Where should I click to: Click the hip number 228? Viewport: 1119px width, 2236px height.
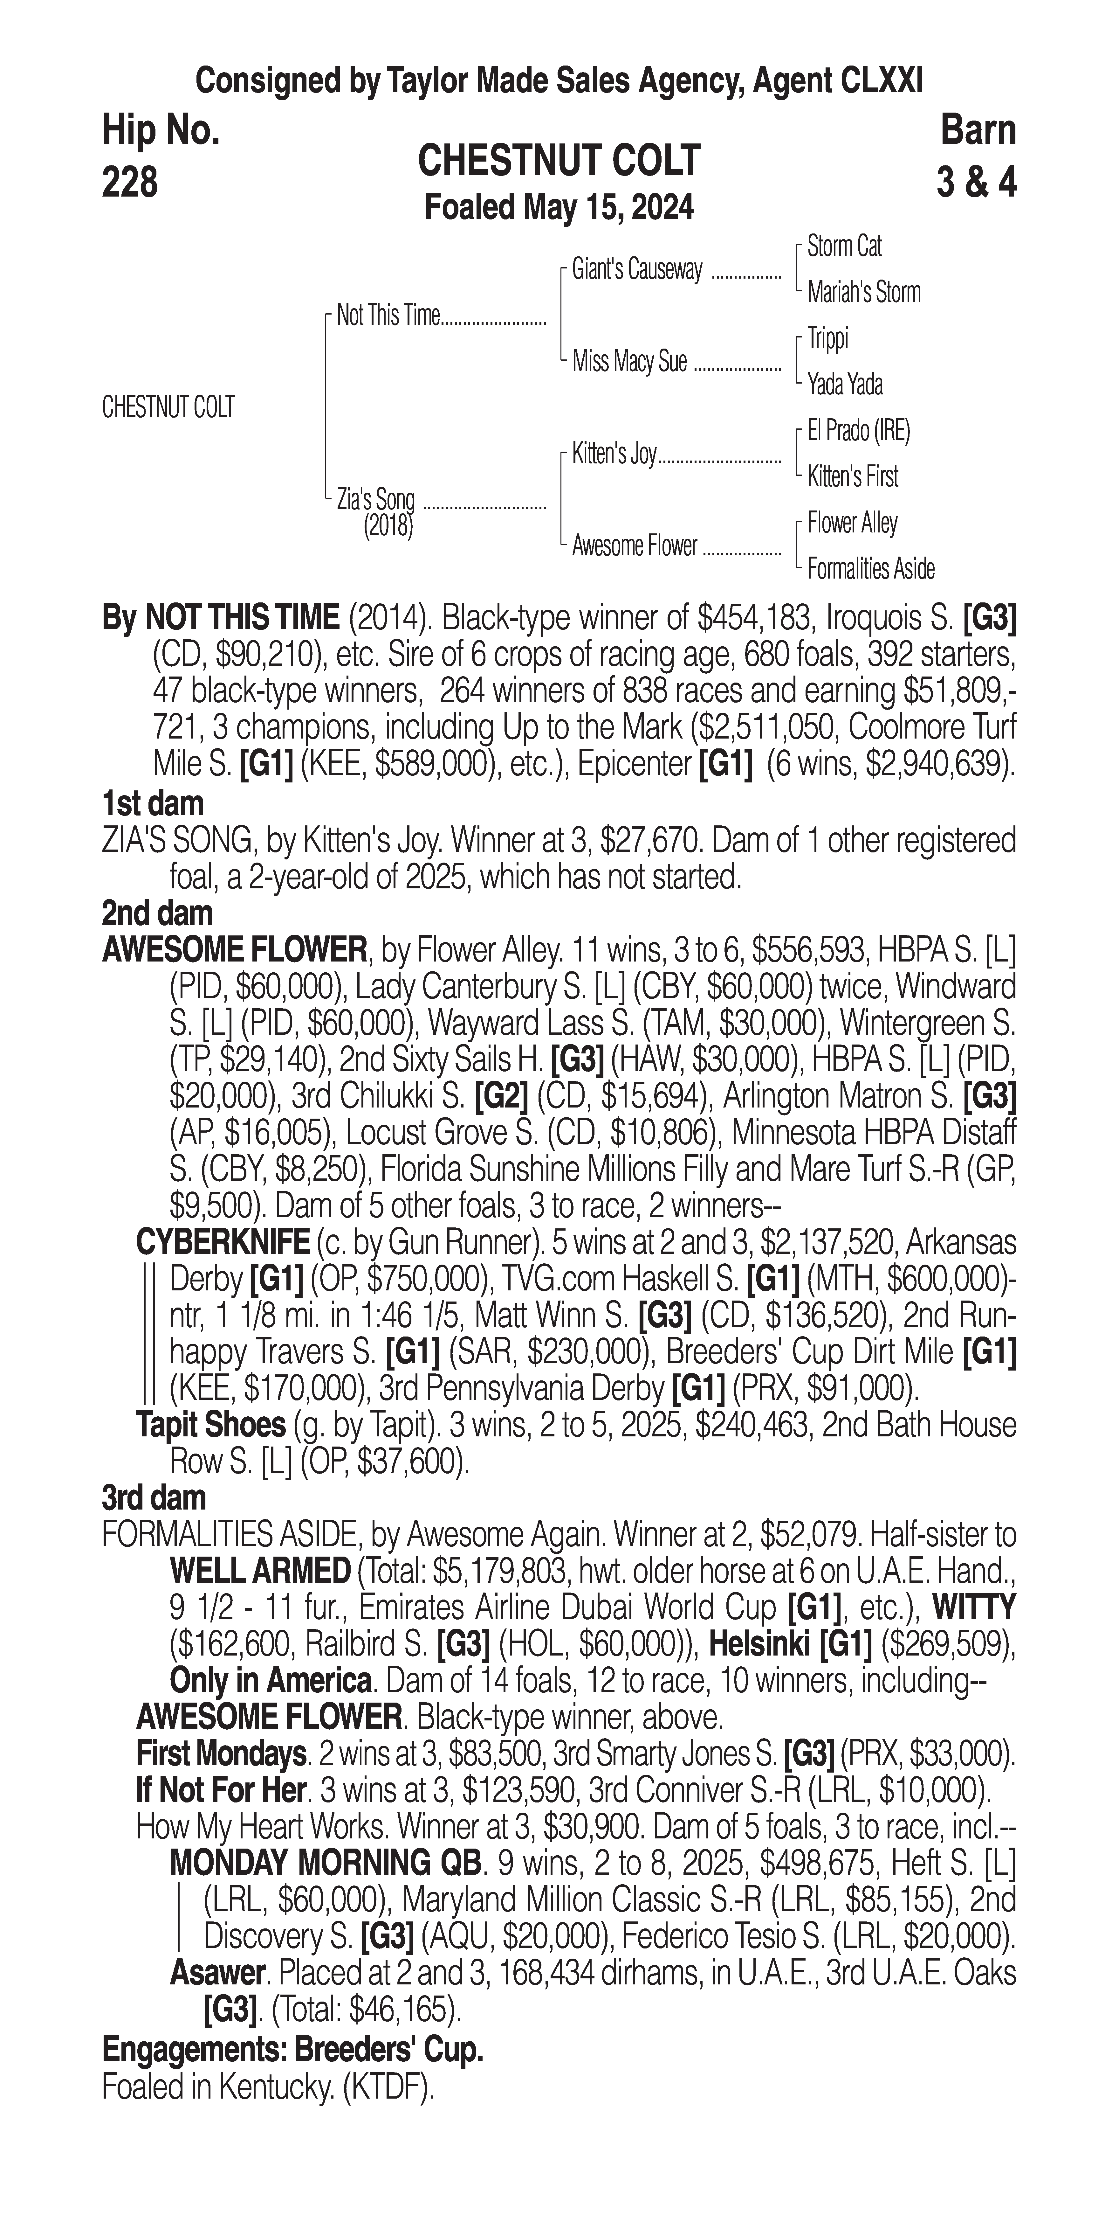[130, 182]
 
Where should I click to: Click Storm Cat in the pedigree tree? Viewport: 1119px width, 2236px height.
[844, 247]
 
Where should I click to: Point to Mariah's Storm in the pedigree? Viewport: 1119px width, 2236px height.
[863, 293]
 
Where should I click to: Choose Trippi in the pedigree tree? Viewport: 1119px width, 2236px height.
[827, 338]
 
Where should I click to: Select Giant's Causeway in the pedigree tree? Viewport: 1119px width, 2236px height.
[637, 270]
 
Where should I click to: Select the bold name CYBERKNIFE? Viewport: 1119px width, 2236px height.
[223, 1243]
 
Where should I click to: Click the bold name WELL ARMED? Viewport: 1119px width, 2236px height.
[260, 1571]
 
